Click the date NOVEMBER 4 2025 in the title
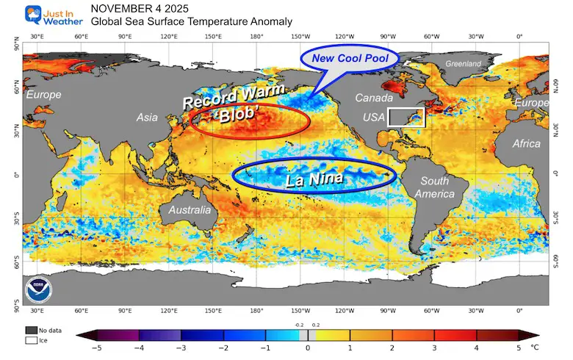coord(139,8)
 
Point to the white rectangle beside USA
coord(406,117)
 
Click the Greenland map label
coord(463,64)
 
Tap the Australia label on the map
coord(190,210)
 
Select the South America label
coord(433,187)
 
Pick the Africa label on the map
coord(526,143)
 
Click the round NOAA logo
coord(37,288)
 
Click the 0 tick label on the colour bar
coord(308,348)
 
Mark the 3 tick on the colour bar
coord(433,348)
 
